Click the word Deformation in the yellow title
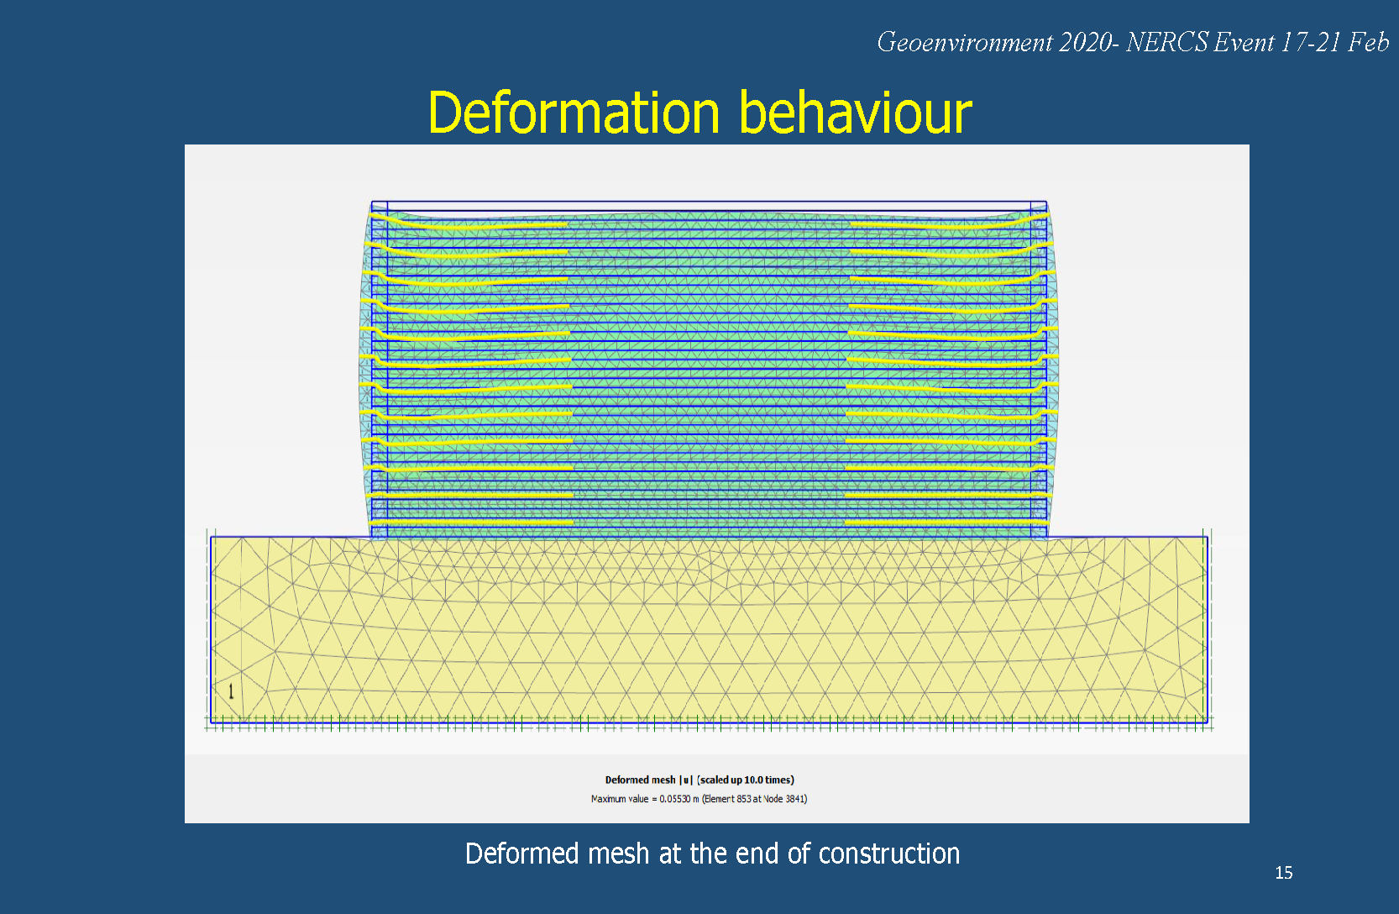tap(574, 113)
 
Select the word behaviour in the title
tap(855, 113)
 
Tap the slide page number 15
tap(1283, 873)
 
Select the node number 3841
tap(795, 799)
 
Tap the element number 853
tap(743, 799)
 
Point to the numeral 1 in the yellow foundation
tap(231, 691)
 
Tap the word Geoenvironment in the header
tap(964, 43)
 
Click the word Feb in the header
tap(1369, 43)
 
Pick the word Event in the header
tap(1244, 43)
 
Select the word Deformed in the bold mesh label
tap(625, 780)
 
